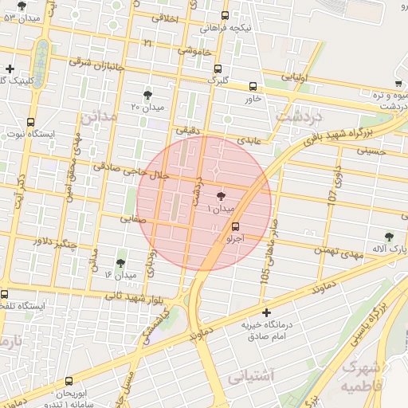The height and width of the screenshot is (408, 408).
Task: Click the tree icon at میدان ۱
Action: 221,195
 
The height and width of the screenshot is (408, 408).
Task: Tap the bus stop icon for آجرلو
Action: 233,226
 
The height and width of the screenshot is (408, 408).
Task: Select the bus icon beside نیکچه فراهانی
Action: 225,15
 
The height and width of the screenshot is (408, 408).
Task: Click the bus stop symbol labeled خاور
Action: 253,86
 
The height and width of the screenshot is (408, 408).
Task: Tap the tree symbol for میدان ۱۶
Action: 120,262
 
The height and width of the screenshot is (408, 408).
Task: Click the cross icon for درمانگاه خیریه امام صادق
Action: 266,312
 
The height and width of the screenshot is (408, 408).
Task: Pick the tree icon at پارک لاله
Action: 388,236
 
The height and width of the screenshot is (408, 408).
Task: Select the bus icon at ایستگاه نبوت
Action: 30,122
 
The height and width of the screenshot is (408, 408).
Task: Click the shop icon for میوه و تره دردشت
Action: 397,84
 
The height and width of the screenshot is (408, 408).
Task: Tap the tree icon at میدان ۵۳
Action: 22,6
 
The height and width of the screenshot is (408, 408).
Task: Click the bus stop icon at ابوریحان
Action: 69,381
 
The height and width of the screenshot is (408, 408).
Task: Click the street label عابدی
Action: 250,139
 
